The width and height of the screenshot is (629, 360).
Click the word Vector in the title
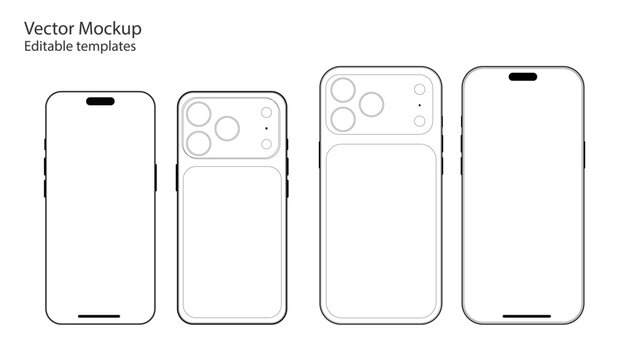[x=49, y=28]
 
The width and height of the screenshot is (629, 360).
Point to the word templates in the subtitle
[x=106, y=47]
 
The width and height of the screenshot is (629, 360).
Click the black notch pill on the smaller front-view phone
[x=100, y=101]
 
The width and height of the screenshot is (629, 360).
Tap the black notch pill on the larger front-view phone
[x=523, y=77]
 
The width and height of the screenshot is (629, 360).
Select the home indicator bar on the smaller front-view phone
[x=99, y=316]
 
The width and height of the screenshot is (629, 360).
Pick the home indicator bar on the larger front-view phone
[x=527, y=316]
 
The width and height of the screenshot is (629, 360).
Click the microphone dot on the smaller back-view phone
[x=266, y=128]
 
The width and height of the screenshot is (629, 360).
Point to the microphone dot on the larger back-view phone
[x=420, y=105]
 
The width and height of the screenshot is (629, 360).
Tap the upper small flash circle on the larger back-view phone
[x=420, y=89]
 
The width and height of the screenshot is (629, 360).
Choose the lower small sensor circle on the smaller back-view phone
[x=266, y=144]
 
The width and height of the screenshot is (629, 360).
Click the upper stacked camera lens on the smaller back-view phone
[x=199, y=114]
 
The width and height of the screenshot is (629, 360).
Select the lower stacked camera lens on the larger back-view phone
[x=343, y=119]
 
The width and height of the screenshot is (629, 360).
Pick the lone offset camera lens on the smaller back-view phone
[x=227, y=128]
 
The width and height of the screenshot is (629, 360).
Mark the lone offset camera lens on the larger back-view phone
[x=371, y=104]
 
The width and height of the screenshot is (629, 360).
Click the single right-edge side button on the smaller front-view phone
[x=156, y=177]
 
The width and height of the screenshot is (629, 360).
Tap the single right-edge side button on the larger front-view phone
[x=584, y=155]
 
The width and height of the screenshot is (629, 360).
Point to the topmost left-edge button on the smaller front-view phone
[x=45, y=144]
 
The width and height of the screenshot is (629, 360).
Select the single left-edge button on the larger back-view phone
[x=320, y=155]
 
